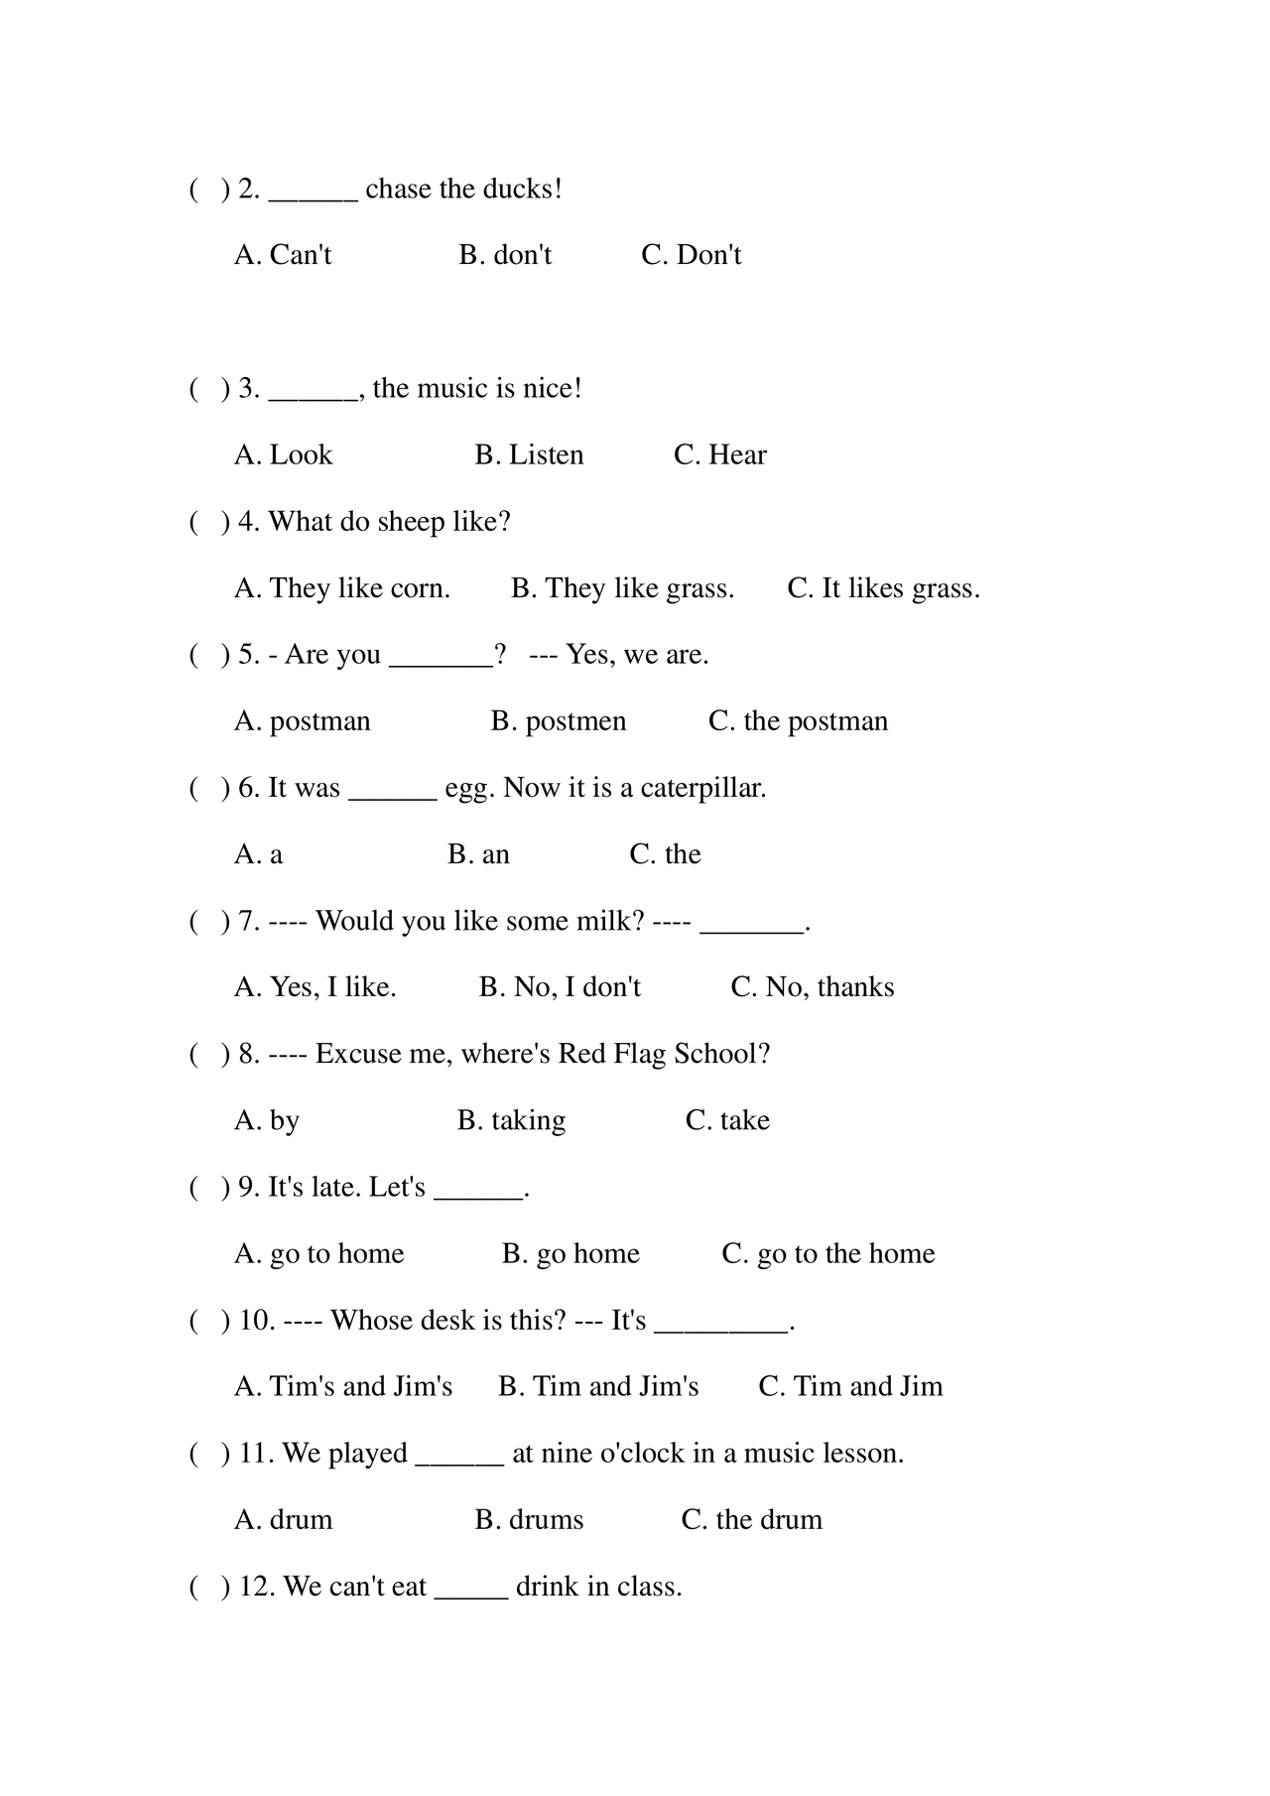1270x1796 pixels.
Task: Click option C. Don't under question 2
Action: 692,255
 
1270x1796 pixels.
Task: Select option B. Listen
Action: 529,454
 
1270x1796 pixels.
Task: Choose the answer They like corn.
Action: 342,588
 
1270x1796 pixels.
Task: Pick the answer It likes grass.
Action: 883,588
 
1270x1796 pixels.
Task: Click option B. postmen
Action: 559,721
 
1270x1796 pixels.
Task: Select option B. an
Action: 478,854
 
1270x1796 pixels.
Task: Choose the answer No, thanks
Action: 813,987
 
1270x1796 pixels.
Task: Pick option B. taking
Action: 511,1120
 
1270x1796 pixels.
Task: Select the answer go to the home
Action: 828,1253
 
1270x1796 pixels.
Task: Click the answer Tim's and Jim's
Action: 343,1386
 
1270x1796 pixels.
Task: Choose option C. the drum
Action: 751,1520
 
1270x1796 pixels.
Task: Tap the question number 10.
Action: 256,1321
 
